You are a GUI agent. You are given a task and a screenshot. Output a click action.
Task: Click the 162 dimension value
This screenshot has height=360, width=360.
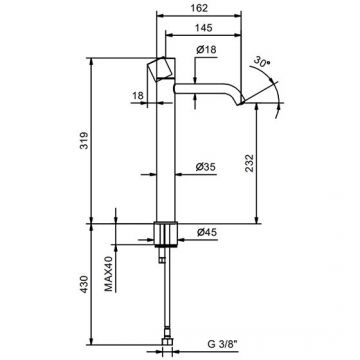pyautogui.click(x=200, y=8)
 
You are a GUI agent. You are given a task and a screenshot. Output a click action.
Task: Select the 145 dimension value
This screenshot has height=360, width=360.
pyautogui.click(x=204, y=28)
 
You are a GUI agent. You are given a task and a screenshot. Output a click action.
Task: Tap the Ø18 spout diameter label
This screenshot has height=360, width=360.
pyautogui.click(x=206, y=50)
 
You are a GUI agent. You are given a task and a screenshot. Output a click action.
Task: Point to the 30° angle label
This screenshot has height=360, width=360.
pyautogui.click(x=262, y=62)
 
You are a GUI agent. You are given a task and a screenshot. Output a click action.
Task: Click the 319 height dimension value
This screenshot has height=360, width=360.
pyautogui.click(x=84, y=141)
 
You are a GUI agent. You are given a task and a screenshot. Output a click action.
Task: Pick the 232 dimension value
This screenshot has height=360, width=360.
pyautogui.click(x=249, y=163)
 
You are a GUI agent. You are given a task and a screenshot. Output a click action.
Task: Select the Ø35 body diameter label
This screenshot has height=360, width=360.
pyautogui.click(x=206, y=166)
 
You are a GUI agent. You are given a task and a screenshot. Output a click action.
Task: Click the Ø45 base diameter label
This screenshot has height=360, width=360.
pyautogui.click(x=207, y=232)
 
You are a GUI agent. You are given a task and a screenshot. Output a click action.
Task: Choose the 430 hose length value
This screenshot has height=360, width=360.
pyautogui.click(x=84, y=284)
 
